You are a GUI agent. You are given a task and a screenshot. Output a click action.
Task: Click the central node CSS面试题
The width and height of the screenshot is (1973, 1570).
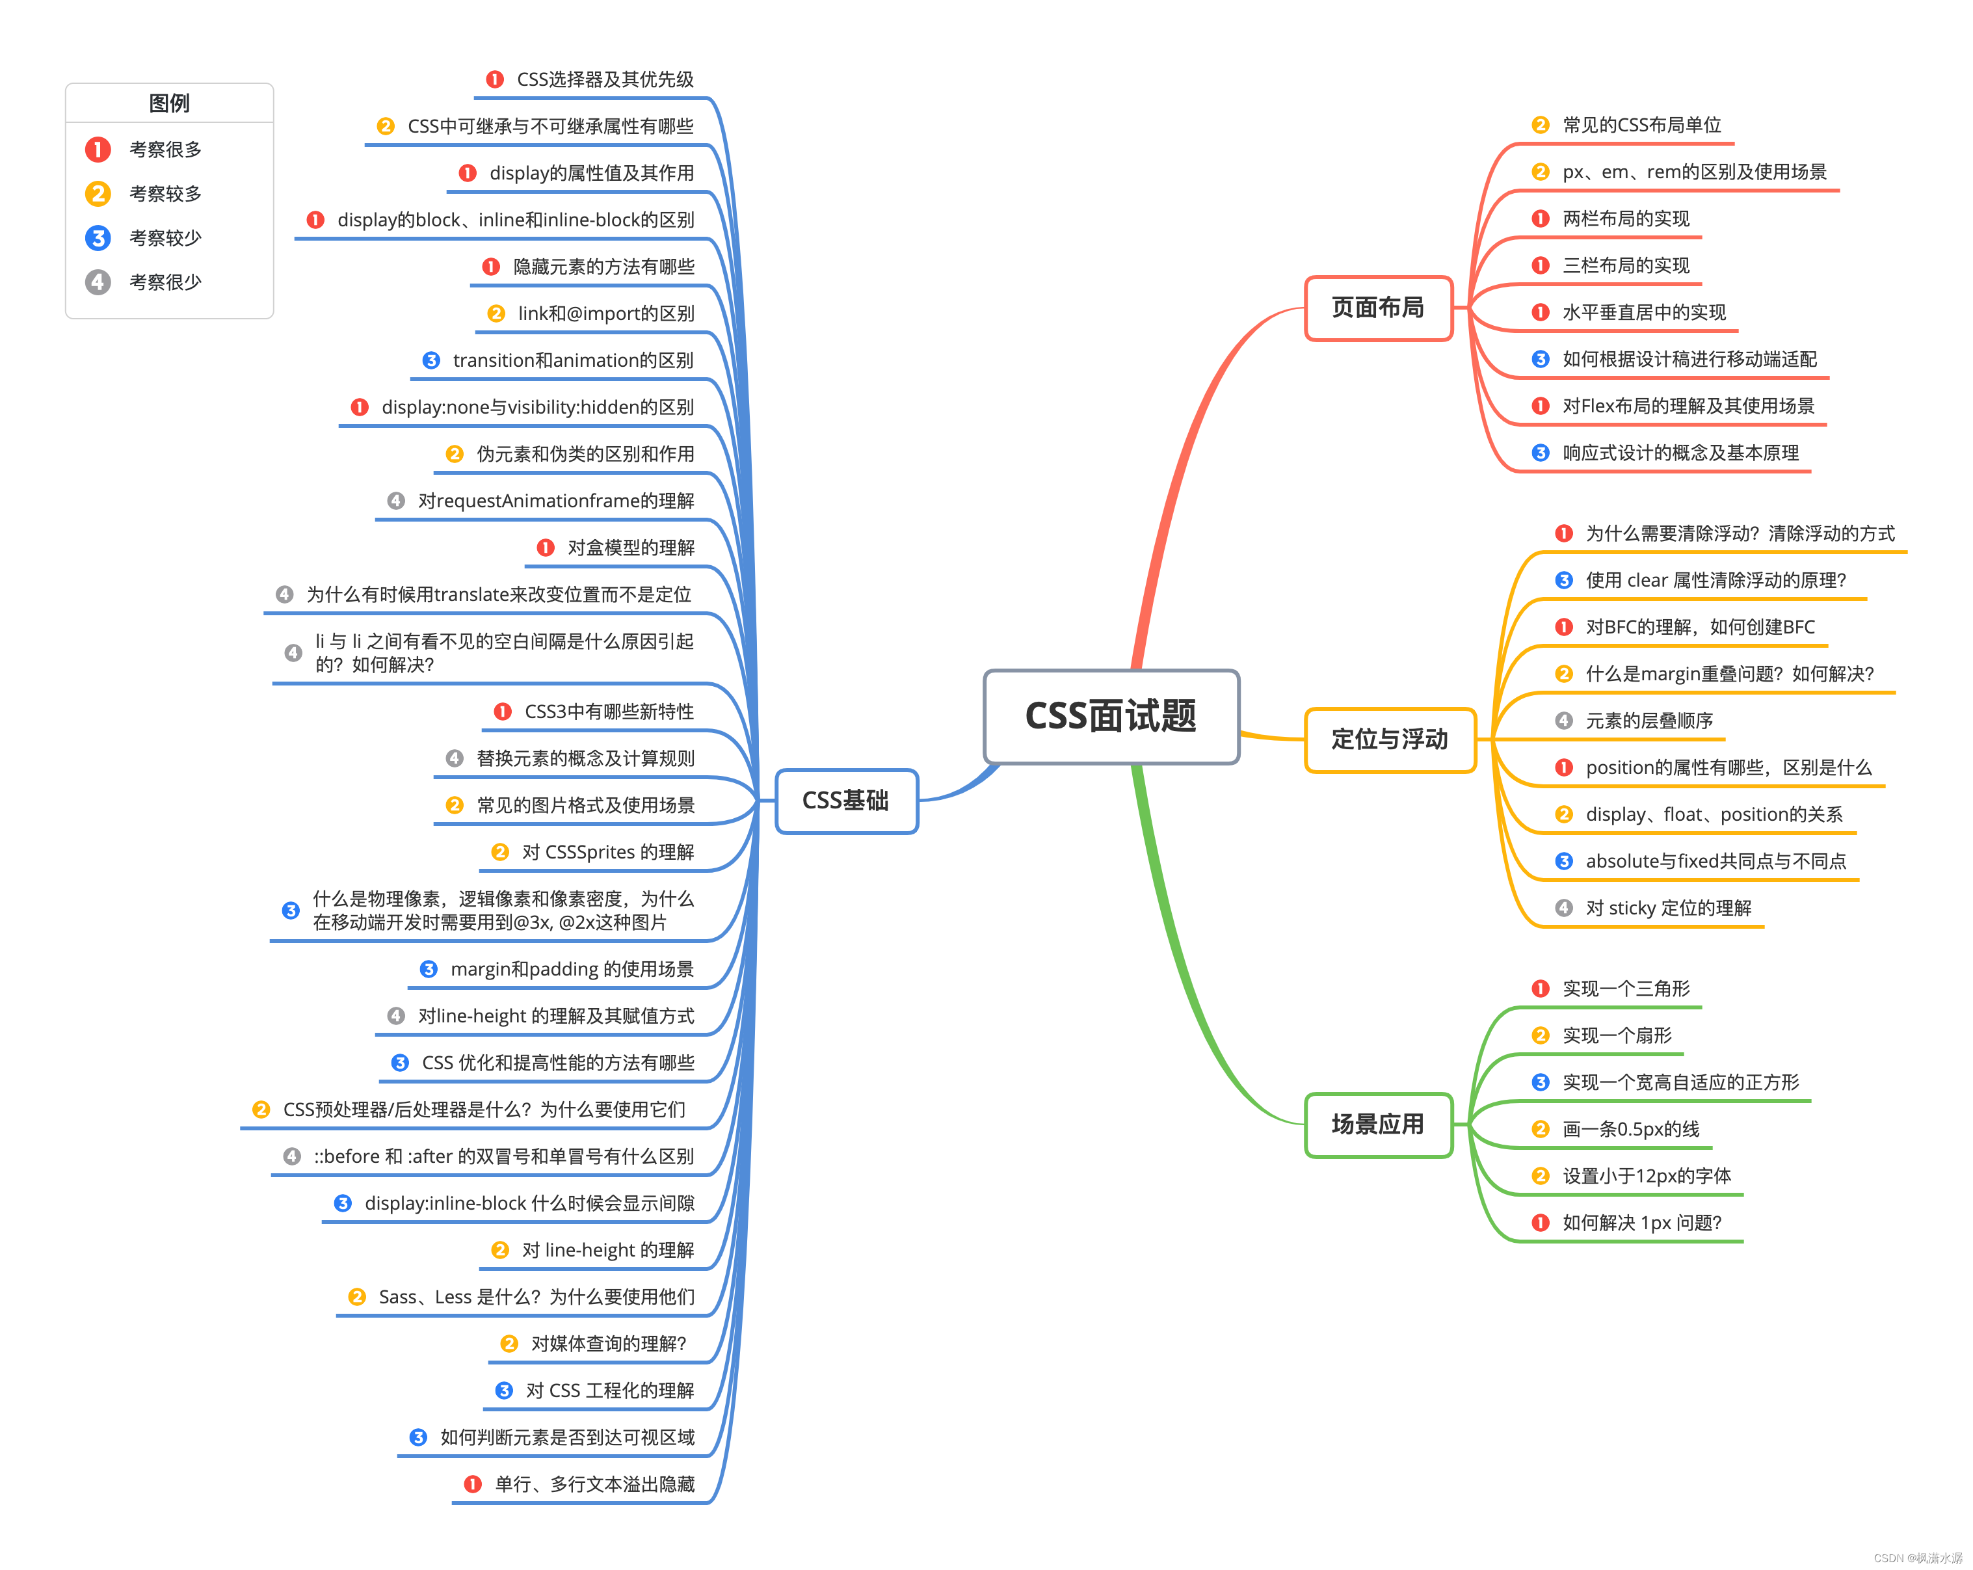[1110, 716]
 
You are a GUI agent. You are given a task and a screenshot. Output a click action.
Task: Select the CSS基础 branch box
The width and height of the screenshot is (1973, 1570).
[845, 801]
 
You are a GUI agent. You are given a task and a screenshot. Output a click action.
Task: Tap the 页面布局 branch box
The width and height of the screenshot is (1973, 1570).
[1377, 308]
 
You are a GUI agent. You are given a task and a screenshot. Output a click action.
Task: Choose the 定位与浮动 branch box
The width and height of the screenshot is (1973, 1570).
[1389, 739]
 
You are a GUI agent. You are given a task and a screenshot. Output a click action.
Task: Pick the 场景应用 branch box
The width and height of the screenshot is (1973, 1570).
[1377, 1124]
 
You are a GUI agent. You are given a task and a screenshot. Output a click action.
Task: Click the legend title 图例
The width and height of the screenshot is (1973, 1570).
[169, 103]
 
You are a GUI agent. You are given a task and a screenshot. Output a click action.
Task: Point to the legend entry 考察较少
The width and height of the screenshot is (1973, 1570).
[165, 238]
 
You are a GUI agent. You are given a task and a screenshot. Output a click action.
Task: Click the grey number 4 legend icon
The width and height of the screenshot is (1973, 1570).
[98, 282]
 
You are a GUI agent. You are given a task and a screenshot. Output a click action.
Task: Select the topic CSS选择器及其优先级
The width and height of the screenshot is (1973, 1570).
[605, 79]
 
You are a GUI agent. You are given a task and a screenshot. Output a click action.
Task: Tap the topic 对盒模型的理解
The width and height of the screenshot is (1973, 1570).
[631, 548]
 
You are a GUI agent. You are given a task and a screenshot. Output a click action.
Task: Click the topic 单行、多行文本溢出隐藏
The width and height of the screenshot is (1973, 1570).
[594, 1484]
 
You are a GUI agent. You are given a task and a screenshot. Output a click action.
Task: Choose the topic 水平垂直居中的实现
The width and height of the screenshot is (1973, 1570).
[1643, 312]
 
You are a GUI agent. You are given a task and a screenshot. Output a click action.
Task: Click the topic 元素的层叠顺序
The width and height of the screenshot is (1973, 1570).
[1649, 721]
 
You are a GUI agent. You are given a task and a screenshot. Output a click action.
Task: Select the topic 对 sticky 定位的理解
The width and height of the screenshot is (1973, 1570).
[1668, 908]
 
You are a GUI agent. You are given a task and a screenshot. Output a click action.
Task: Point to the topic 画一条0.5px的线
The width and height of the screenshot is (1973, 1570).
[1631, 1130]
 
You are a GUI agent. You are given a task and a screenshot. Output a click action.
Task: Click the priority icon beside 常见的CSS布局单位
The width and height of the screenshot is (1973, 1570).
[1540, 126]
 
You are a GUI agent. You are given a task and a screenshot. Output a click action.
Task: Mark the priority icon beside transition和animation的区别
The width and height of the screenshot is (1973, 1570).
[431, 361]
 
